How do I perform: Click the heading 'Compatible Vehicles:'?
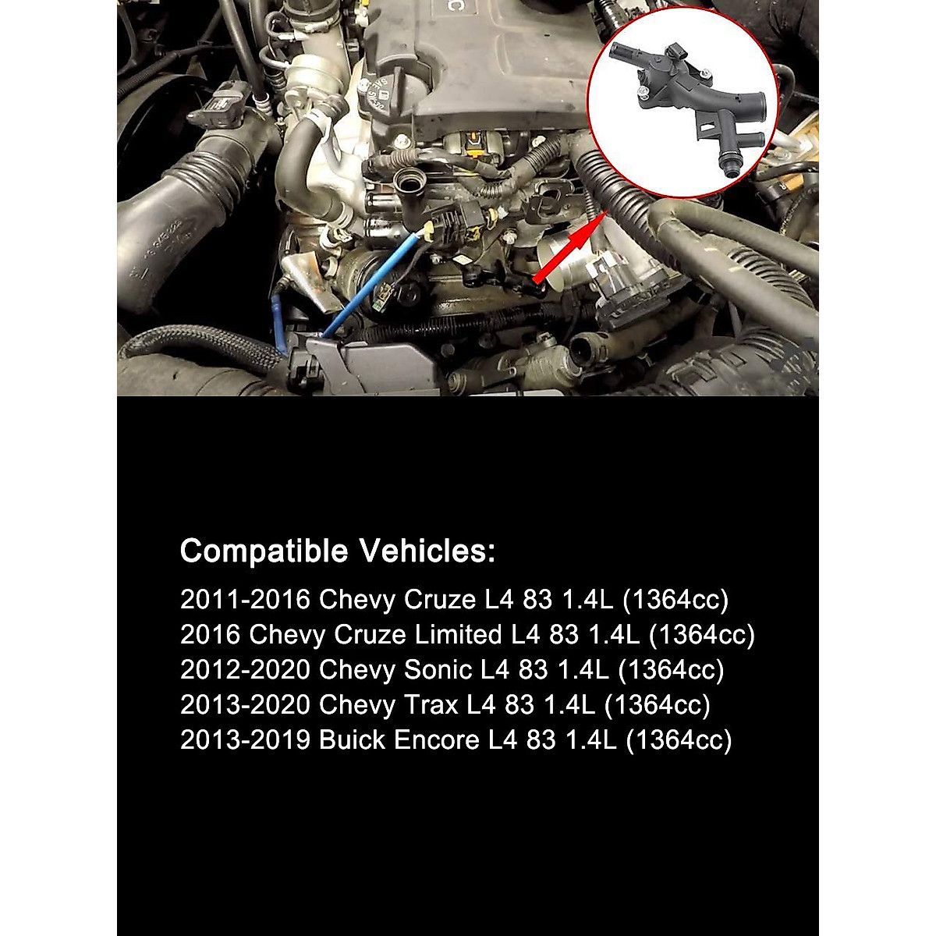point(337,551)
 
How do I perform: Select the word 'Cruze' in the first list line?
point(439,599)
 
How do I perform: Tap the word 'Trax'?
point(431,704)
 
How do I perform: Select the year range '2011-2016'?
point(245,599)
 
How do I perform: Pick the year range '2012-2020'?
point(245,669)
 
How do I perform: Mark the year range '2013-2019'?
point(245,739)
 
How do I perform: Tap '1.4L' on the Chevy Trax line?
point(569,704)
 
